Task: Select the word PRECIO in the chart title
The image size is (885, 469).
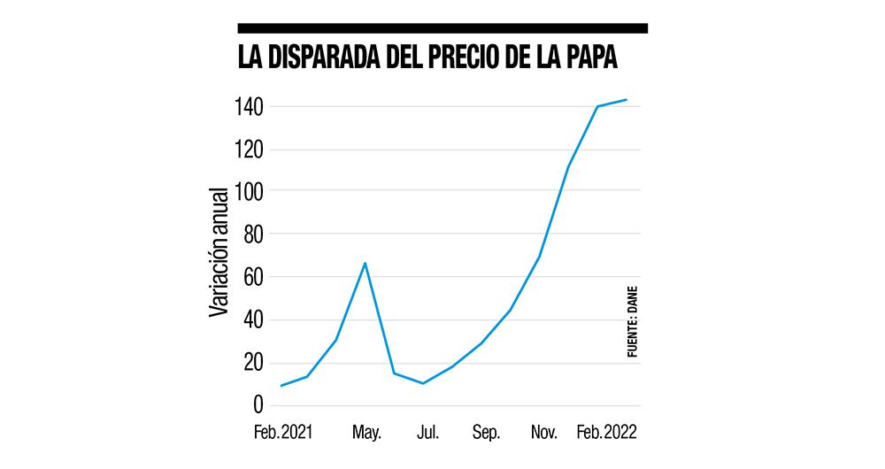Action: [473, 58]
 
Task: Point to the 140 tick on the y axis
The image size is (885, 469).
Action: [250, 108]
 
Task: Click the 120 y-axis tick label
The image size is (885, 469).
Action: [250, 150]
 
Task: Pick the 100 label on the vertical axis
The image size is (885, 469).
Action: [250, 193]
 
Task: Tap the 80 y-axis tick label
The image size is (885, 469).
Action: [253, 235]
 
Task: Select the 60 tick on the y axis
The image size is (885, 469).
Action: [253, 278]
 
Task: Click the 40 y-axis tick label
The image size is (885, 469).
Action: [253, 320]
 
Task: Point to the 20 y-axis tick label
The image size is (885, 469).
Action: [253, 363]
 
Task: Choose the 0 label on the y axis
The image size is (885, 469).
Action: [258, 405]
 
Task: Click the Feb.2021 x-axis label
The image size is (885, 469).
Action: [283, 434]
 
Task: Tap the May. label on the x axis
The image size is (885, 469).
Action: [366, 434]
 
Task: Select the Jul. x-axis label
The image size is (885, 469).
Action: [428, 434]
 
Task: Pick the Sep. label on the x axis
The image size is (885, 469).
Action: [486, 434]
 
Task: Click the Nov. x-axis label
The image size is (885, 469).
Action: [543, 434]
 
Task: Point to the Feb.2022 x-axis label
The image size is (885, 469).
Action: [607, 434]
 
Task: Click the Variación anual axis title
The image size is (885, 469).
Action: [219, 250]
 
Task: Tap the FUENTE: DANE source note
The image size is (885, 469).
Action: [632, 321]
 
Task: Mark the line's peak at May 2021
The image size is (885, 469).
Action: [365, 263]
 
